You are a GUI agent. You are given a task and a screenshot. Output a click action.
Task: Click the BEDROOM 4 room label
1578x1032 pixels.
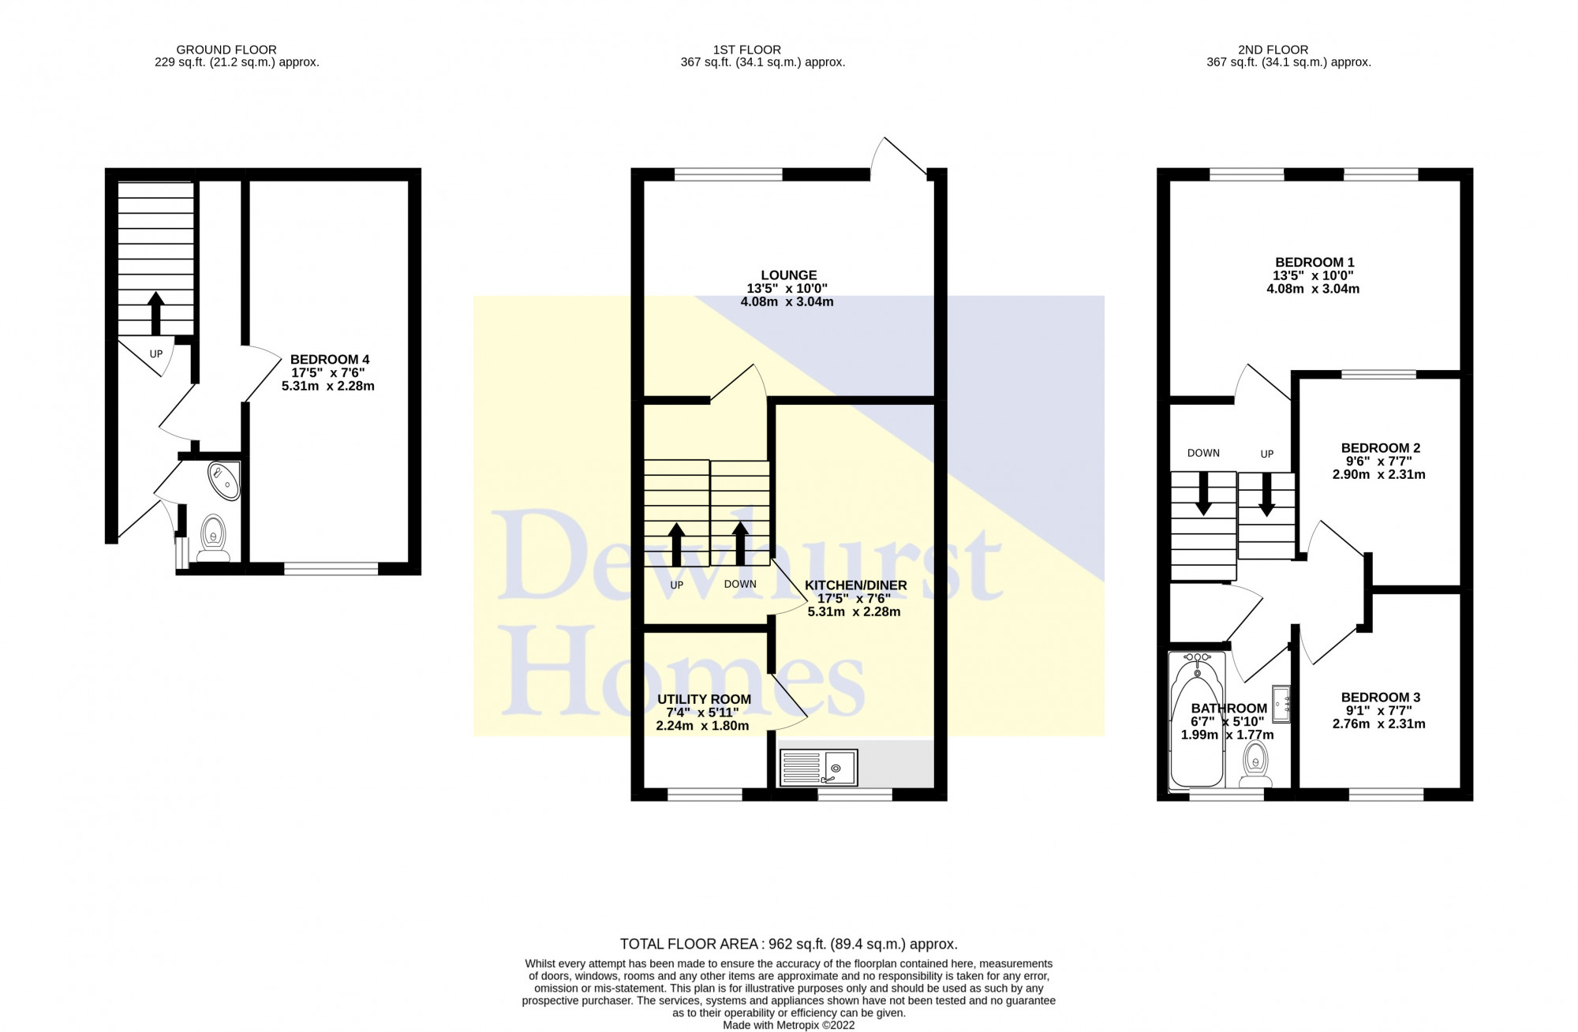pos(329,360)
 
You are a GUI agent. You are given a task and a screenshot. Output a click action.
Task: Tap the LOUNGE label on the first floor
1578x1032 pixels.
pos(789,275)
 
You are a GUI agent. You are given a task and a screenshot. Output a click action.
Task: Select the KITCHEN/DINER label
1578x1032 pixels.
pos(855,585)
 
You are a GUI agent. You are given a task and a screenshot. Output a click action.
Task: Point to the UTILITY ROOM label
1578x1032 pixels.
pos(704,699)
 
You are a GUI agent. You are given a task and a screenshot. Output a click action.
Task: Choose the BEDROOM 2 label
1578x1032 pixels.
pos(1380,448)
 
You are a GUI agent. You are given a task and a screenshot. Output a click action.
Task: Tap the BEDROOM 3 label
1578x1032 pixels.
pos(1380,697)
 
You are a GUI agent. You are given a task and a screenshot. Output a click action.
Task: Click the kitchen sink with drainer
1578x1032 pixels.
pos(818,768)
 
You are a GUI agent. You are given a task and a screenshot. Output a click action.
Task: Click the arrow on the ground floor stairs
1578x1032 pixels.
pos(155,312)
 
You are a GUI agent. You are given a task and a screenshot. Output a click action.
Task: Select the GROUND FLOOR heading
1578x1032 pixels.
pos(226,50)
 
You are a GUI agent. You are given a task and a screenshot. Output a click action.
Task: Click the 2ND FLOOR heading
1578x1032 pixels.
pos(1288,50)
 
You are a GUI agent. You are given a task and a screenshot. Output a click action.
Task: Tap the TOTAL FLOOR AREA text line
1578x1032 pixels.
pos(788,944)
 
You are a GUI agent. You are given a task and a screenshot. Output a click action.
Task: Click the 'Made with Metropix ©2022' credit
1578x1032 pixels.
pos(788,1025)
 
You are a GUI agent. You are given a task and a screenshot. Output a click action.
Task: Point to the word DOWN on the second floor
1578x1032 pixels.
pos(1203,453)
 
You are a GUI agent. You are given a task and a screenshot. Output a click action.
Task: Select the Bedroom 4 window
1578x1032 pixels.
pos(331,568)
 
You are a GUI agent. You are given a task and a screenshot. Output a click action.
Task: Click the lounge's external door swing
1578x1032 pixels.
pos(899,158)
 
